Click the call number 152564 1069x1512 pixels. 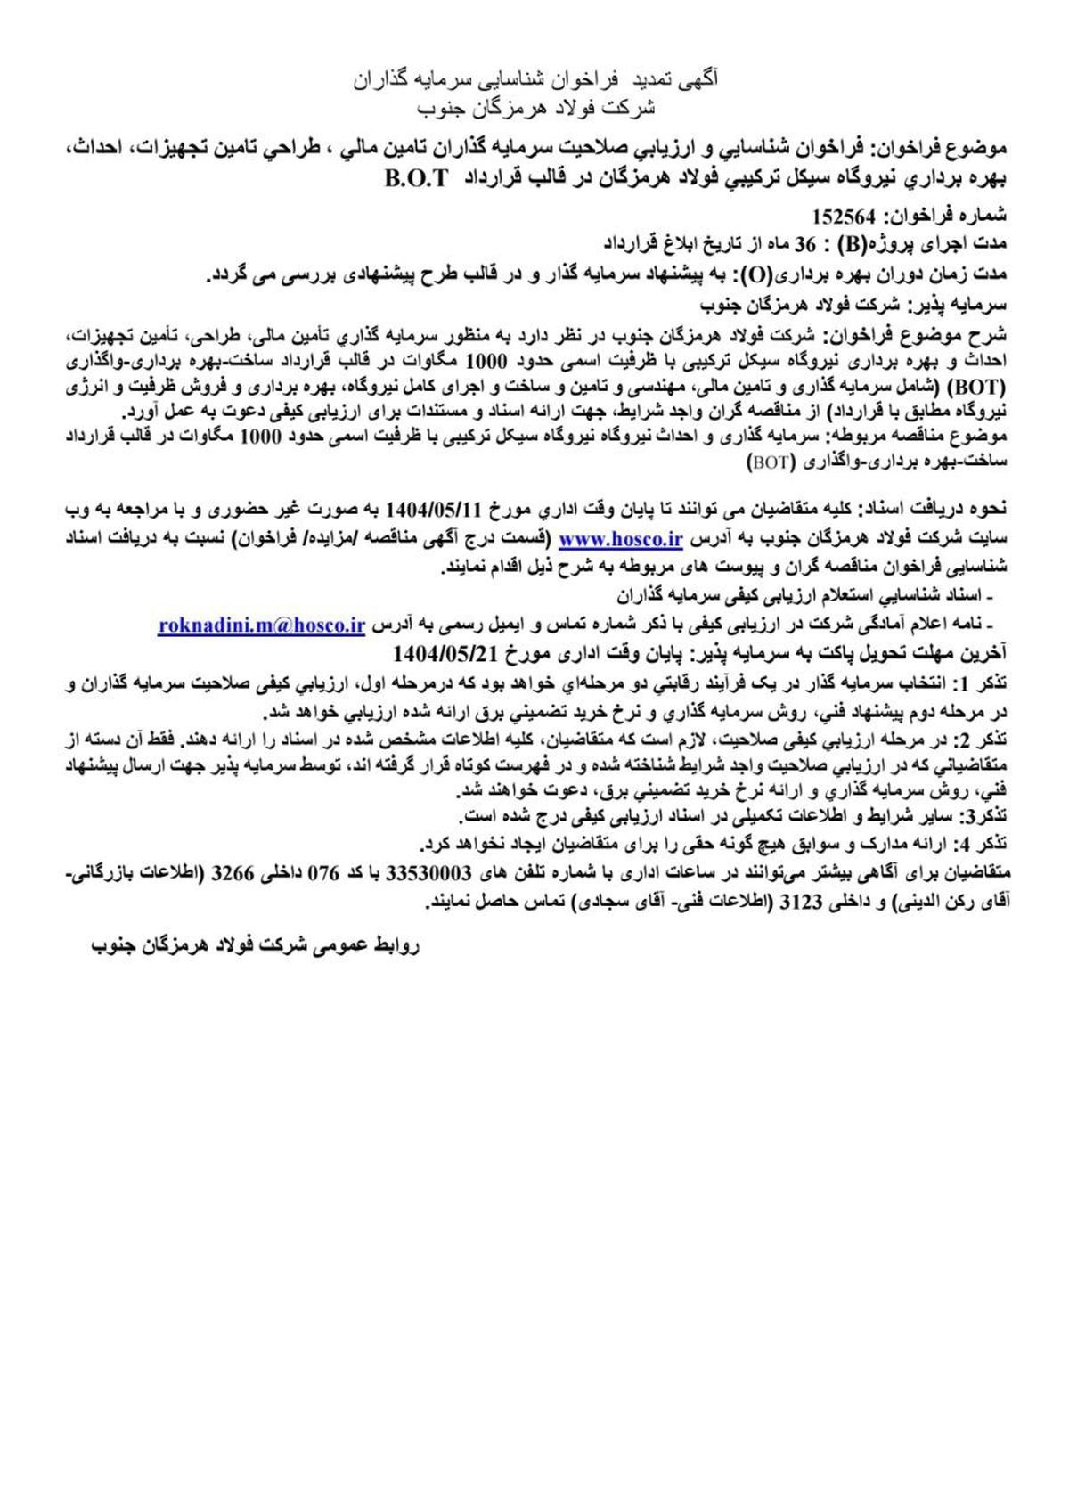click(847, 216)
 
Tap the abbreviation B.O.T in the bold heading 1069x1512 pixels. click(417, 178)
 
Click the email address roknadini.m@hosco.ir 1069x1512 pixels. click(262, 625)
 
